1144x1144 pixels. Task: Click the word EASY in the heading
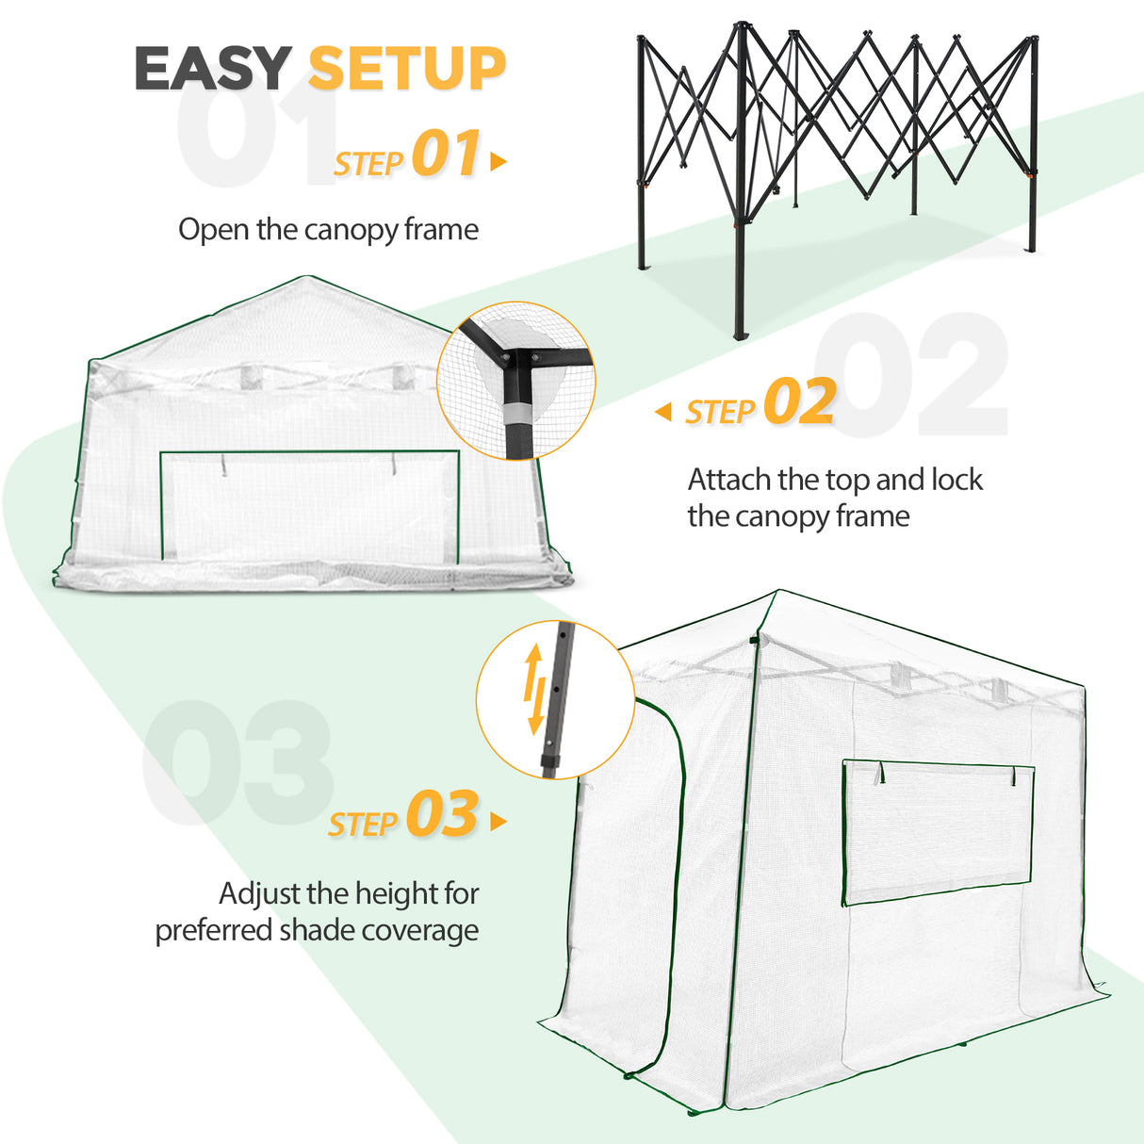212,68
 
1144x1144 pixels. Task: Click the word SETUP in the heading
407,68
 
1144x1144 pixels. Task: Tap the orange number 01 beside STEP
446,155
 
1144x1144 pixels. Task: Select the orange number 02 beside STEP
799,402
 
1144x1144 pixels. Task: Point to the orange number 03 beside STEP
442,815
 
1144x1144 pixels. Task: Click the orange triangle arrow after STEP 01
498,162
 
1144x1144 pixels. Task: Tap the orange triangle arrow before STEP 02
663,412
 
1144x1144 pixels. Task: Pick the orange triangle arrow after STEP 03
498,822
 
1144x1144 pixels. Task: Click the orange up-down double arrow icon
534,689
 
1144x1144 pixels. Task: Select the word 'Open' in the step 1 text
214,230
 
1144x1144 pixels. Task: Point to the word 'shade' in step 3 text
318,931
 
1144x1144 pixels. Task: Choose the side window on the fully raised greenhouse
938,831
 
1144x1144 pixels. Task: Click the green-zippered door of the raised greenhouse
627,886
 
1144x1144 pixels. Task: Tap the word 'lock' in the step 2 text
956,481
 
